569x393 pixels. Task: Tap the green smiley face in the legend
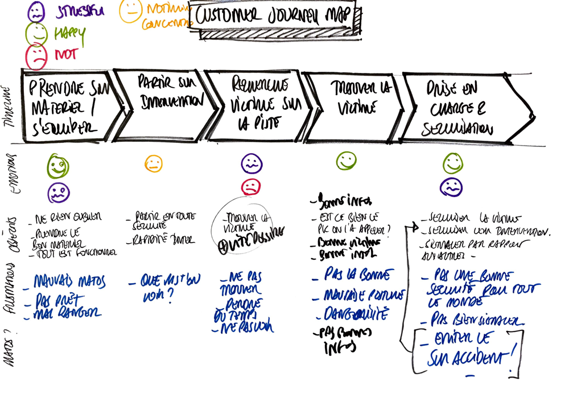(37, 34)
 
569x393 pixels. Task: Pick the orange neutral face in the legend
(131, 10)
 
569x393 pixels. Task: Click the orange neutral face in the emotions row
(154, 164)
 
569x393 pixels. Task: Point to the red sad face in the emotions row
(250, 186)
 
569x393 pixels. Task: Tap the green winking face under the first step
(58, 167)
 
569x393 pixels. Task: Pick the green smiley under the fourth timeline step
(346, 161)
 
